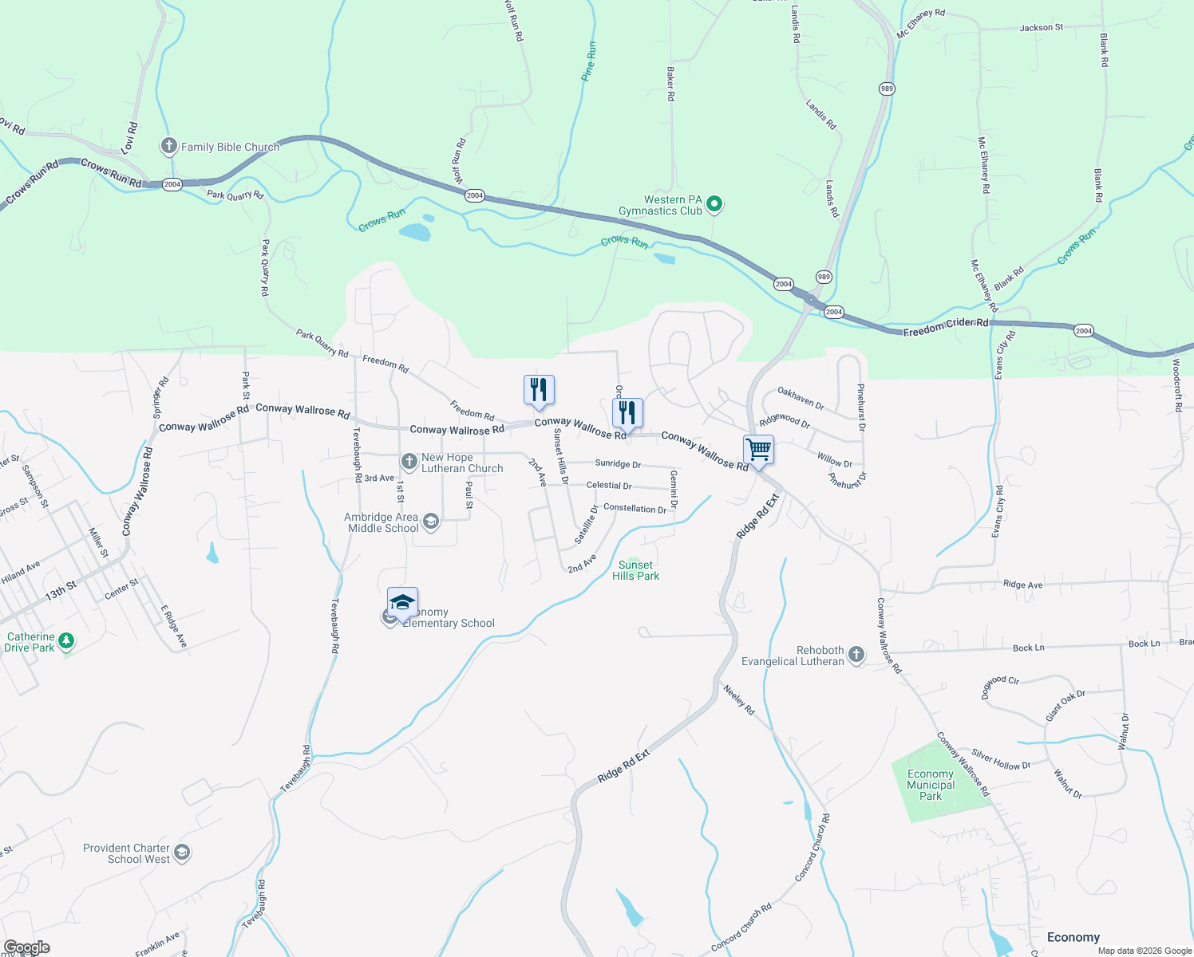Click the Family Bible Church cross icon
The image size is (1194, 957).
click(168, 146)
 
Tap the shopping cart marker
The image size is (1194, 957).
click(758, 449)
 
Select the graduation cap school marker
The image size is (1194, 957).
click(402, 602)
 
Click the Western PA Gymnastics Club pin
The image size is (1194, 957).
click(715, 205)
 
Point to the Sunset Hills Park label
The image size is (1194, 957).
click(635, 570)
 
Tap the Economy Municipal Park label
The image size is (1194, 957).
click(931, 785)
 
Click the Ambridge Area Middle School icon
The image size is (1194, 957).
click(431, 522)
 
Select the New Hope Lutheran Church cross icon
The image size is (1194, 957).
click(409, 462)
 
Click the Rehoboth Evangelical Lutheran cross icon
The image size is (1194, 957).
click(856, 655)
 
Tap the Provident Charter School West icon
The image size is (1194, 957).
click(182, 853)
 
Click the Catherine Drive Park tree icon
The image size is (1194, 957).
click(67, 641)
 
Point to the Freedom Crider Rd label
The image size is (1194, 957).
click(946, 326)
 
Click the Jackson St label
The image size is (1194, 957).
click(1041, 28)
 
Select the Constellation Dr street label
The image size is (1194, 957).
click(635, 508)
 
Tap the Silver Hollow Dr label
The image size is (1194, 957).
click(1001, 760)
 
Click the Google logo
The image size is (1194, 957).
click(27, 947)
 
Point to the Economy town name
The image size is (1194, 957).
click(1073, 937)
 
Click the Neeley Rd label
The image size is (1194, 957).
click(738, 699)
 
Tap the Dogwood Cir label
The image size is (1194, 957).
click(999, 686)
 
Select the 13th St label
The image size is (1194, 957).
click(61, 591)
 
